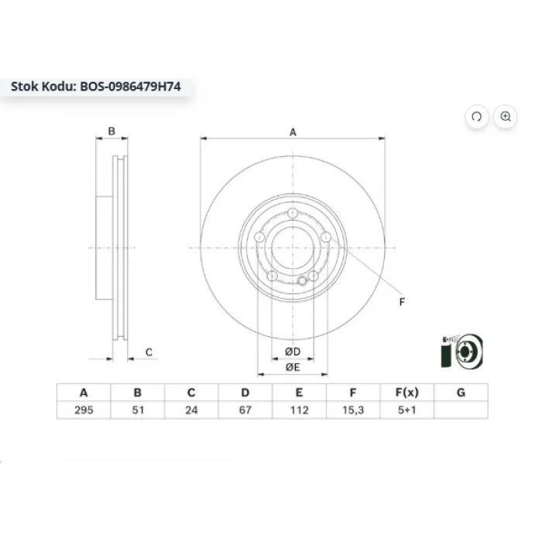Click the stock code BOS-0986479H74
click(x=130, y=87)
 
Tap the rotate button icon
click(x=477, y=116)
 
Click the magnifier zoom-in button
click(x=506, y=116)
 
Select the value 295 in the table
click(x=84, y=410)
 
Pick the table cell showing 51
click(x=138, y=410)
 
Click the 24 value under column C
click(x=191, y=410)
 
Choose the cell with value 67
click(x=245, y=410)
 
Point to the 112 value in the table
click(x=299, y=410)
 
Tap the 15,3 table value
click(x=353, y=410)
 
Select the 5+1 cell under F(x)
click(x=406, y=410)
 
